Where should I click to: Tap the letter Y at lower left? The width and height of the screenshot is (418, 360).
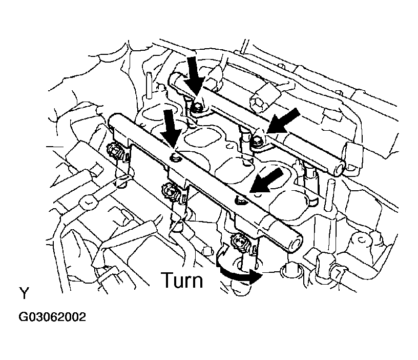click(24, 294)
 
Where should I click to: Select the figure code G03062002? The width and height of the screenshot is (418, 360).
click(52, 317)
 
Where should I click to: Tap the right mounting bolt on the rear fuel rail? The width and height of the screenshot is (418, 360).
click(258, 136)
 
